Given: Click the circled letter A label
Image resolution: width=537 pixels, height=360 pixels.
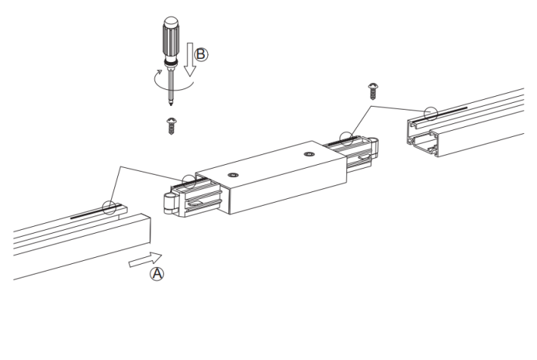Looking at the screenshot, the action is pyautogui.click(x=157, y=274).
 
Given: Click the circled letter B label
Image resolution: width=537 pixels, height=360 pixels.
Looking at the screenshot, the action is pyautogui.click(x=201, y=54).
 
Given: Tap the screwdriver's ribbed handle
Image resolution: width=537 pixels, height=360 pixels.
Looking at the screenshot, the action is pyautogui.click(x=170, y=39).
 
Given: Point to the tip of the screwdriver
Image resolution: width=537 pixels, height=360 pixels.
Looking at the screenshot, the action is pyautogui.click(x=171, y=104).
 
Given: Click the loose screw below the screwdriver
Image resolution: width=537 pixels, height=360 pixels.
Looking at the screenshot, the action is pyautogui.click(x=171, y=126).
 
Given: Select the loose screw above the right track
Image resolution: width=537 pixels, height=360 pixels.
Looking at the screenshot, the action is pyautogui.click(x=373, y=91).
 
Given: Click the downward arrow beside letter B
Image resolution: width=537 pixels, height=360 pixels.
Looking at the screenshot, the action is pyautogui.click(x=190, y=59).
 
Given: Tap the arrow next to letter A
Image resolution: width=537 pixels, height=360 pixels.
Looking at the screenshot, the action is pyautogui.click(x=145, y=259).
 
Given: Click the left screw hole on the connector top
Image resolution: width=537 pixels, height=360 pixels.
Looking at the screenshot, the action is pyautogui.click(x=233, y=175).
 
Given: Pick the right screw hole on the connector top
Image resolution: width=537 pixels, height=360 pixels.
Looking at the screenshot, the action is pyautogui.click(x=309, y=154).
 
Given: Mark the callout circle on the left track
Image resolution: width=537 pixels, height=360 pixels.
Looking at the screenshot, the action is pyautogui.click(x=109, y=207).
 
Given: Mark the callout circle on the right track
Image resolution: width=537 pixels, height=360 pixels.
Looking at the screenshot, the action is pyautogui.click(x=430, y=113).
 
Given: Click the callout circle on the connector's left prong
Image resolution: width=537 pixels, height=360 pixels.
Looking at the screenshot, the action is pyautogui.click(x=188, y=182).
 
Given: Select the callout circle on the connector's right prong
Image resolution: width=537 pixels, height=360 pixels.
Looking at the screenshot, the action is pyautogui.click(x=346, y=138).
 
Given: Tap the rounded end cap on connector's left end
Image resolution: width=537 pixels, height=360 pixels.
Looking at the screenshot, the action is pyautogui.click(x=170, y=203).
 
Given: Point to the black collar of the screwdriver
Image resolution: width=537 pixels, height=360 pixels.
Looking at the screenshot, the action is pyautogui.click(x=171, y=63).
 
